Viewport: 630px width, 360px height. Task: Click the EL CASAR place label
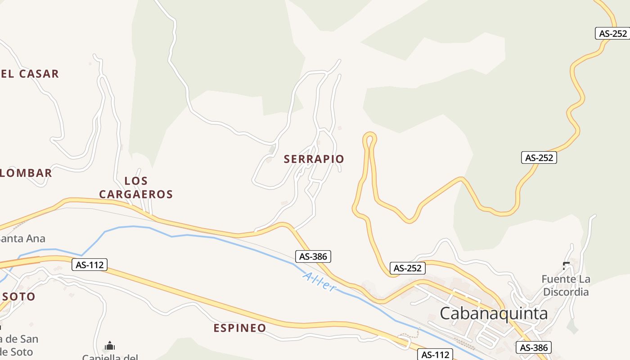(30, 74)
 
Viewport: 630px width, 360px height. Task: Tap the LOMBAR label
(26, 173)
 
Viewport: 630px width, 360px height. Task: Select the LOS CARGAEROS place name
(136, 188)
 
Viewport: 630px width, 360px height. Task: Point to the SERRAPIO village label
(314, 159)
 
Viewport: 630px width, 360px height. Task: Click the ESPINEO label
(240, 328)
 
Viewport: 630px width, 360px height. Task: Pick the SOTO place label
(18, 297)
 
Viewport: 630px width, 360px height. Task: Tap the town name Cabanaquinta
(494, 313)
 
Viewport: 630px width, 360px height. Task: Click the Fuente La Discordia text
(566, 285)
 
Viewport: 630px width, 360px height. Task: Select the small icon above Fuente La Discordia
(566, 265)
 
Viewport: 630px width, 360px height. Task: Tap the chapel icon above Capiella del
(109, 346)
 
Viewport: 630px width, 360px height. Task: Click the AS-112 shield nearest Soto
(90, 265)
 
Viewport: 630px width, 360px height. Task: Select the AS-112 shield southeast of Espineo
(435, 355)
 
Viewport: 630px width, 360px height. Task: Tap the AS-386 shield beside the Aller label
(314, 256)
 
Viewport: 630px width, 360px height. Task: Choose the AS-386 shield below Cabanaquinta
(534, 347)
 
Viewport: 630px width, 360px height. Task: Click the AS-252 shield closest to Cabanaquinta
(407, 268)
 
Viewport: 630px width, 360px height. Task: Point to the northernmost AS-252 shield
(612, 33)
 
